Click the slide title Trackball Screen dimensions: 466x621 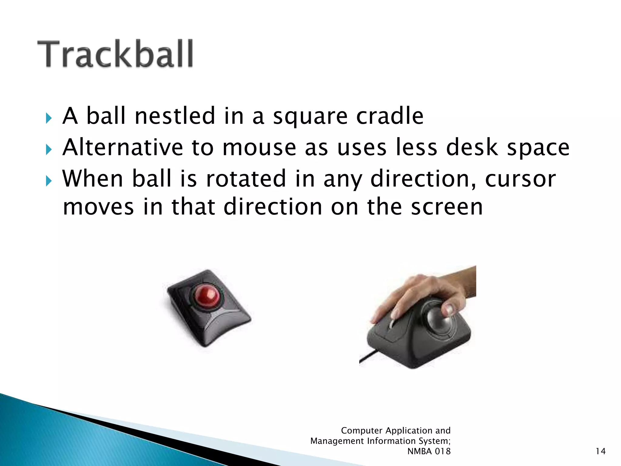coord(115,54)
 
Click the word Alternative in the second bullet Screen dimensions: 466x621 coord(123,147)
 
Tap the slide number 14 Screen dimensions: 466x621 coord(600,451)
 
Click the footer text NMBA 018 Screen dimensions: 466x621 coord(429,451)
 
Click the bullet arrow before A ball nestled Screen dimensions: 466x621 coord(49,118)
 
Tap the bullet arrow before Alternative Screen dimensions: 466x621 coord(49,149)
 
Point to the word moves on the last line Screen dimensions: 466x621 coord(98,207)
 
